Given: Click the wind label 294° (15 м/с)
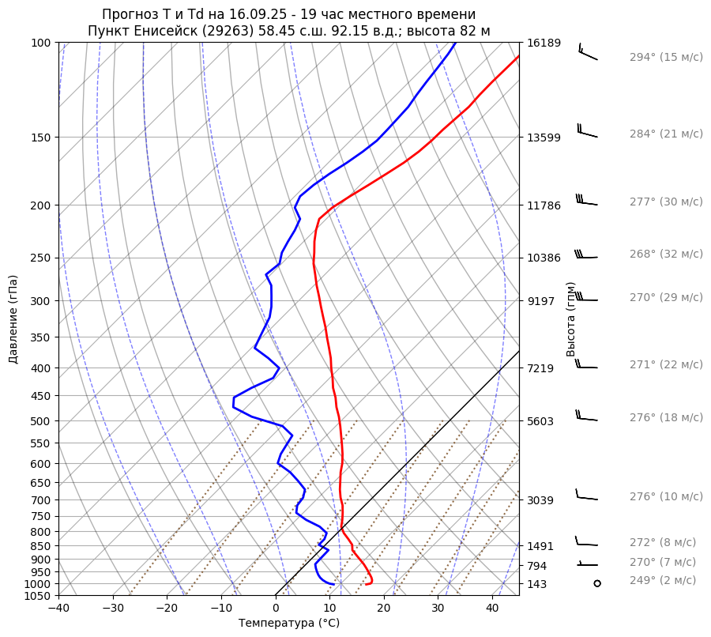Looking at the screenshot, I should pyautogui.click(x=666, y=58).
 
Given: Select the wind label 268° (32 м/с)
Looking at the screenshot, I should pyautogui.click(x=666, y=254).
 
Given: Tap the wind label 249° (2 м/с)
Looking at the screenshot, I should pyautogui.click(x=663, y=581).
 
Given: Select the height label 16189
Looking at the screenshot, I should pyautogui.click(x=544, y=43).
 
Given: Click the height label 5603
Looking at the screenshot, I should pyautogui.click(x=540, y=421).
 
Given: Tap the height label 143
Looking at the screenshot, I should pyautogui.click(x=537, y=584).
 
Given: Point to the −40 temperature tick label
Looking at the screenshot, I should pyautogui.click(x=58, y=609).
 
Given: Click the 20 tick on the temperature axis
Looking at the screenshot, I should pyautogui.click(x=384, y=609).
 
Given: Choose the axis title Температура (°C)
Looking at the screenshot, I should pyautogui.click(x=289, y=624).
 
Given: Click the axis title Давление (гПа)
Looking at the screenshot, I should pyautogui.click(x=13, y=319).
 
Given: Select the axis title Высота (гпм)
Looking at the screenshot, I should pyautogui.click(x=571, y=319).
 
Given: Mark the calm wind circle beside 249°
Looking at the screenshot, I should pyautogui.click(x=596, y=583).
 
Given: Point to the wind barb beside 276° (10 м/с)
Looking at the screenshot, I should pyautogui.click(x=586, y=496).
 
